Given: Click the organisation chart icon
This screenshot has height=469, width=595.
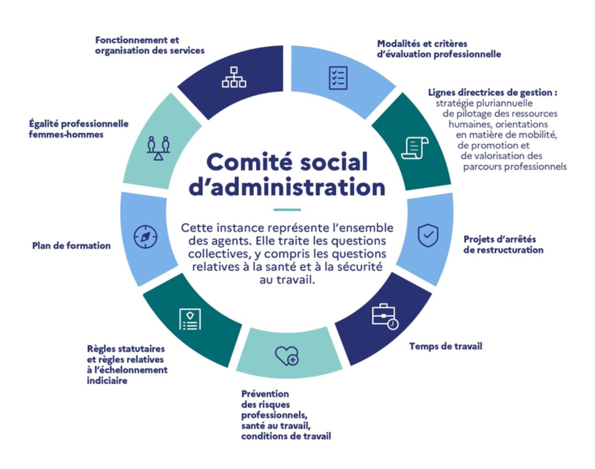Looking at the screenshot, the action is click(x=234, y=77).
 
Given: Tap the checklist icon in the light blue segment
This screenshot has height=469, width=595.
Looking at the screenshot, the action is click(x=338, y=78).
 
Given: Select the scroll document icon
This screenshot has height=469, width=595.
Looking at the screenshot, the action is click(x=415, y=148).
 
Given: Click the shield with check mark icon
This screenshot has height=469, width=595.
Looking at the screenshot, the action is click(x=428, y=235).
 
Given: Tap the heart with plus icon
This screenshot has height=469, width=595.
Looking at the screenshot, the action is click(x=287, y=356).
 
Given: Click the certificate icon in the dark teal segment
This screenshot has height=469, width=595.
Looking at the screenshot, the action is click(x=190, y=319).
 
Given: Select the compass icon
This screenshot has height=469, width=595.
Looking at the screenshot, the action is click(x=145, y=237).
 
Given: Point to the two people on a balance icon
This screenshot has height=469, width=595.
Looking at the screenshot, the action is click(x=158, y=148).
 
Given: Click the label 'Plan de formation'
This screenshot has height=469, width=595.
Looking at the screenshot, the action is click(x=71, y=246).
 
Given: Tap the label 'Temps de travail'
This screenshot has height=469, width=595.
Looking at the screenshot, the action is click(x=445, y=346).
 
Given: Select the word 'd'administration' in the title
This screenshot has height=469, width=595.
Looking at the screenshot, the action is click(x=287, y=187).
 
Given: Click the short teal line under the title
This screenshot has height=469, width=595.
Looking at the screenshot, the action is click(x=287, y=209).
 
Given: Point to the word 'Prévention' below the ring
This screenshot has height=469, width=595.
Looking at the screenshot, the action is click(x=265, y=393).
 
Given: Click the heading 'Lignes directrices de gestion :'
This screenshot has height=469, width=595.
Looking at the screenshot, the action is click(x=493, y=92).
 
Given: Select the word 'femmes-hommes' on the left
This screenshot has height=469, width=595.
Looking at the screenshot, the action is click(x=66, y=134).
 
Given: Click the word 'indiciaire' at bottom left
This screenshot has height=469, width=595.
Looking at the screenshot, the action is click(x=107, y=380).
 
